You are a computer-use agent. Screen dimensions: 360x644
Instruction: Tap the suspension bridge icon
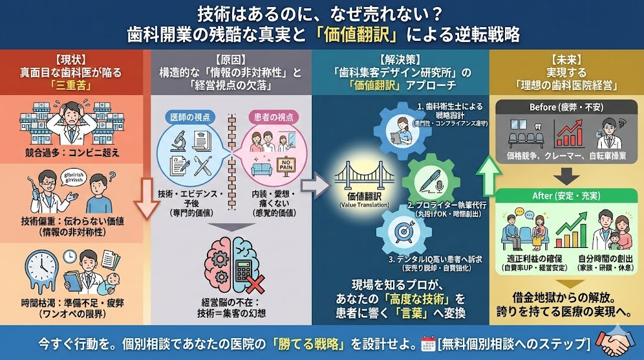364,177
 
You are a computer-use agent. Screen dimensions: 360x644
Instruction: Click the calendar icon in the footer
428,344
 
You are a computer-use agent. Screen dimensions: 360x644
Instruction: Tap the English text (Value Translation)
364,205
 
